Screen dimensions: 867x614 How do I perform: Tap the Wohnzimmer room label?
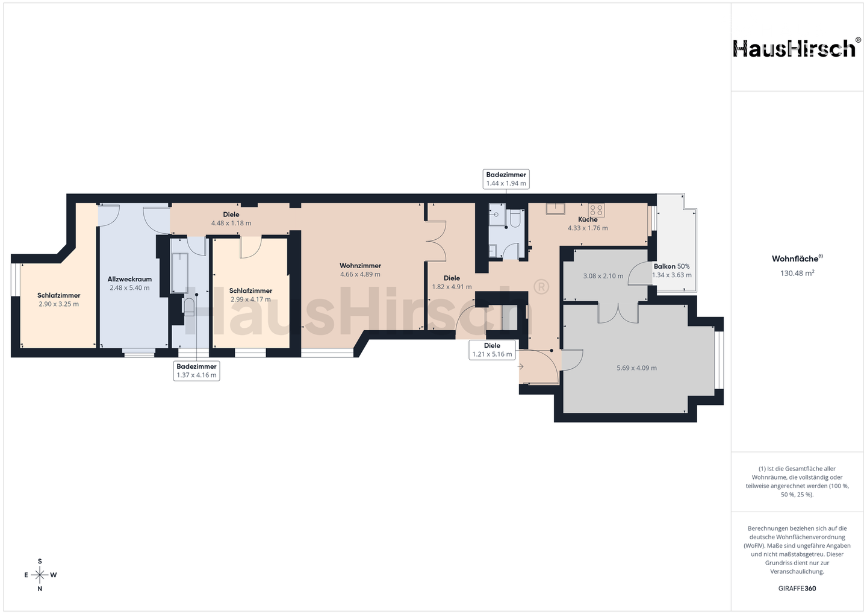click(360, 266)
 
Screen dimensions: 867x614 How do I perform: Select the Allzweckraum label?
click(129, 280)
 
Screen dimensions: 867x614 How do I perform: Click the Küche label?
click(588, 219)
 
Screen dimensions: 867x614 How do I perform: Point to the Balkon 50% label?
click(671, 266)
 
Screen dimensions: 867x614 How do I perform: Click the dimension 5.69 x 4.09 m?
click(637, 368)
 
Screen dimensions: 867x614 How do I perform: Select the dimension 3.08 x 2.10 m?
click(603, 276)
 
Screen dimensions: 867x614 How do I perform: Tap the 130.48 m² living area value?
click(797, 273)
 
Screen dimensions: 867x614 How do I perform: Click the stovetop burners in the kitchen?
click(597, 210)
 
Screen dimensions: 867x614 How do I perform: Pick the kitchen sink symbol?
click(555, 208)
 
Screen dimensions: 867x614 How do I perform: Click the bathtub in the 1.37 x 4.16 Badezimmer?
click(179, 274)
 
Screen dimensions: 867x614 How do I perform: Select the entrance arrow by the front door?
click(521, 366)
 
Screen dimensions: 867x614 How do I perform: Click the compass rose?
click(40, 575)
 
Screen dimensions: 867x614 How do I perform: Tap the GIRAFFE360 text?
click(797, 589)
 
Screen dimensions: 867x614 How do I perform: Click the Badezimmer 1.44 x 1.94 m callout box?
click(506, 179)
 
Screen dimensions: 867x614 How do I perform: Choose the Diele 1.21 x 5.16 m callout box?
click(492, 350)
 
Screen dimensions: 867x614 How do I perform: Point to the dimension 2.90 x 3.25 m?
click(59, 304)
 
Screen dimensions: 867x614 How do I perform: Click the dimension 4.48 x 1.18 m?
click(231, 223)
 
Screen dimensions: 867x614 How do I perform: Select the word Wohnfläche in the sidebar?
click(795, 258)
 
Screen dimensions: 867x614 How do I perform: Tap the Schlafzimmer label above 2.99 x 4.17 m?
click(251, 290)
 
